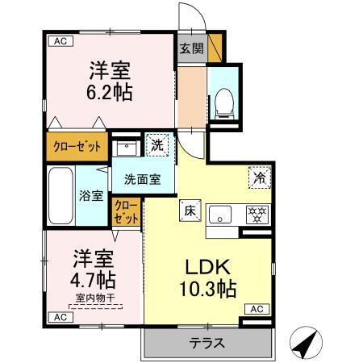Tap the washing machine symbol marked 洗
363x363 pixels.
click(x=157, y=145)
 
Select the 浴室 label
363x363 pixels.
click(x=90, y=195)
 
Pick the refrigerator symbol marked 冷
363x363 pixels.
click(x=260, y=178)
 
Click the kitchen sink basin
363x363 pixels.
click(x=220, y=215)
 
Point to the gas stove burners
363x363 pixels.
click(x=257, y=215)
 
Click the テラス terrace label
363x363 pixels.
click(x=207, y=343)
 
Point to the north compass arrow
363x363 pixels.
click(x=301, y=344)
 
